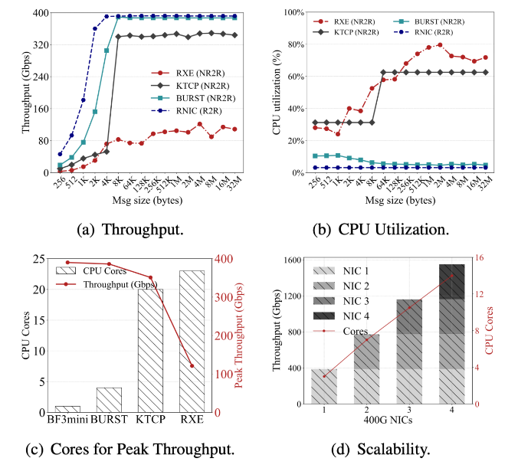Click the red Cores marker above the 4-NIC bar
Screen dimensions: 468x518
[x=451, y=276]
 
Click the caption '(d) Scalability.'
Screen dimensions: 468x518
[x=388, y=450]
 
